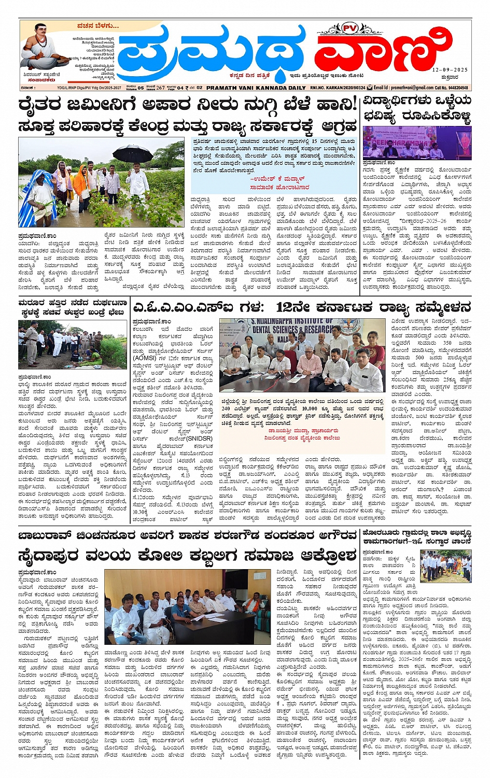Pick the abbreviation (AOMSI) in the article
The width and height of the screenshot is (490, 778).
[144, 357]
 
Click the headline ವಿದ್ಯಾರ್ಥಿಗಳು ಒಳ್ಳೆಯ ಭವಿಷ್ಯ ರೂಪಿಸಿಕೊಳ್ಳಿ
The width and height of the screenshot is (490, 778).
[417, 109]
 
